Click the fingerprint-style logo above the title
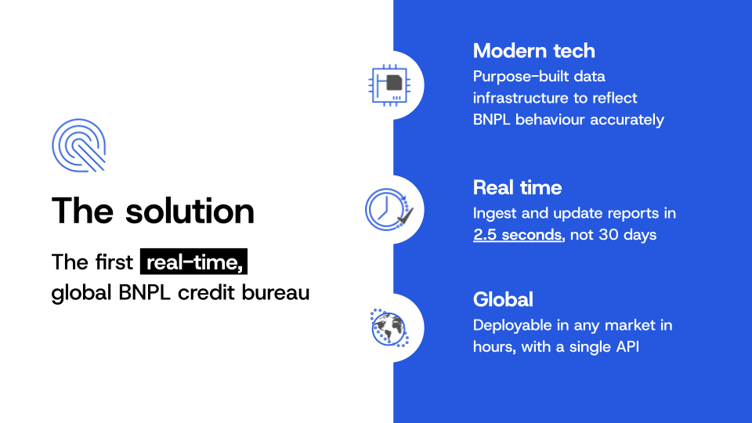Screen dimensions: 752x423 78,146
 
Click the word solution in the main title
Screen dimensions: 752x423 190,211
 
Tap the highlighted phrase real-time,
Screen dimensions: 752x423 193,262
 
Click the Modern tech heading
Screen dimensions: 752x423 533,51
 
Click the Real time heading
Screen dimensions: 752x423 517,187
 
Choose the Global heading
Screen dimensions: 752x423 503,300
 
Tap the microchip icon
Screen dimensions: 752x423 389,85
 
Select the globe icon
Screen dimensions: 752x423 389,328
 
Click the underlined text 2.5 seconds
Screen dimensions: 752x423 517,235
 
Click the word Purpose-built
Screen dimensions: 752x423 520,77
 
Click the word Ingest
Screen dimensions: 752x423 494,213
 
